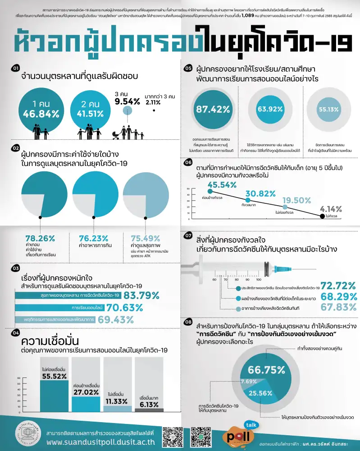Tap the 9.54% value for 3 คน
click(128, 101)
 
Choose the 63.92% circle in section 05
click(266, 110)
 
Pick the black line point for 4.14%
click(321, 216)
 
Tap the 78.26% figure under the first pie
click(40, 238)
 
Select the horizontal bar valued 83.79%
click(68, 295)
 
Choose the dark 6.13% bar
click(149, 410)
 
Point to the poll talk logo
click(239, 435)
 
